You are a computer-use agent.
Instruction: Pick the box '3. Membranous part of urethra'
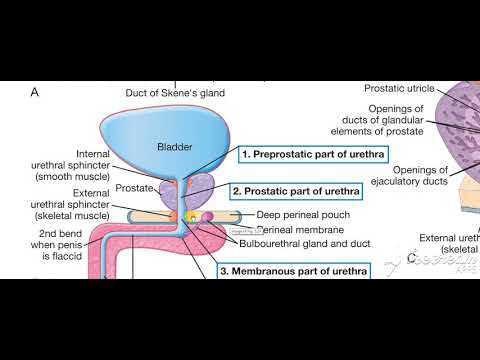pyautogui.click(x=292, y=271)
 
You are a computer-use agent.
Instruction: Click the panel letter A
pyautogui.click(x=34, y=92)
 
